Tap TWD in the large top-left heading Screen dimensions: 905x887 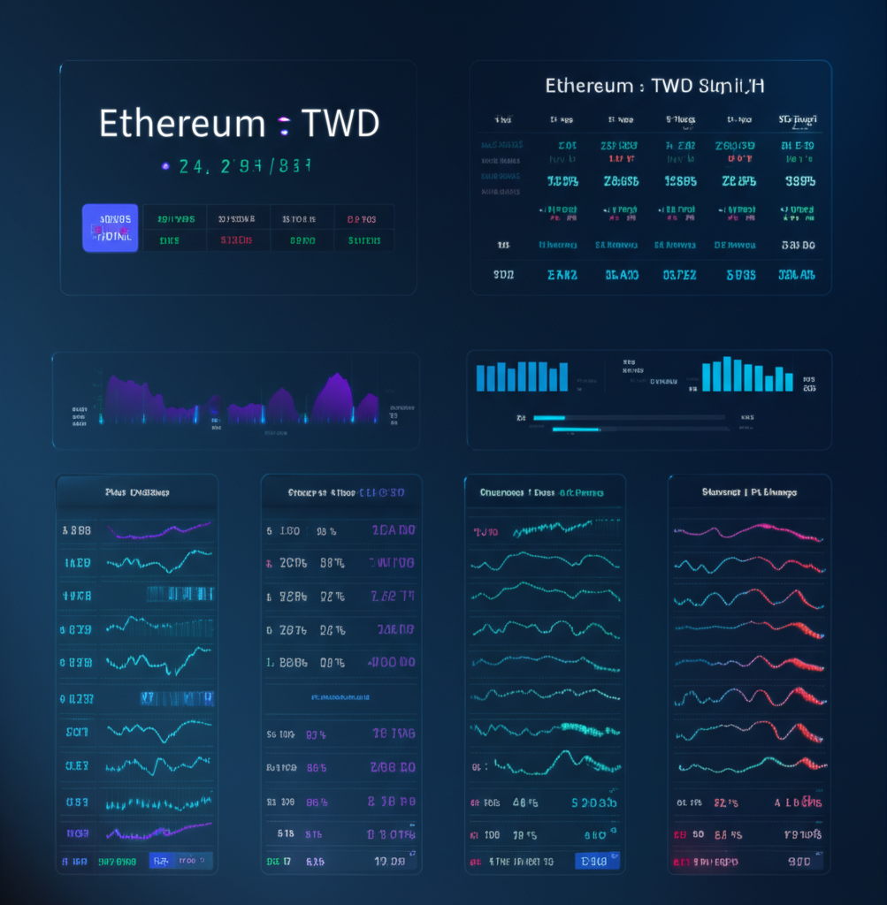340,124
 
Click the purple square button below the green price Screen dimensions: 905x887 111,228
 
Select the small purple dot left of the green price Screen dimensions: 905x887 164,165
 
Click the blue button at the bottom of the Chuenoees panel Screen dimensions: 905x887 597,861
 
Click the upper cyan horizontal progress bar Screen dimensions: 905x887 549,417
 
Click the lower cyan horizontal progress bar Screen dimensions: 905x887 576,430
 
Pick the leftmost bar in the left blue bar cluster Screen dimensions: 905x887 481,377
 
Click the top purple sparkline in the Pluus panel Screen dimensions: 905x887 159,530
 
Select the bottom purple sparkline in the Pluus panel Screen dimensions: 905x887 159,832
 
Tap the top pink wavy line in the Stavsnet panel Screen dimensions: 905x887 748,531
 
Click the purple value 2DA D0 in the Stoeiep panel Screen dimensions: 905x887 394,531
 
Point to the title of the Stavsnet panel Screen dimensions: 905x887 749,492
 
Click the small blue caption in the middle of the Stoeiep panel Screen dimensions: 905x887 340,697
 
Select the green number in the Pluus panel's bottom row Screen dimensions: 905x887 117,860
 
